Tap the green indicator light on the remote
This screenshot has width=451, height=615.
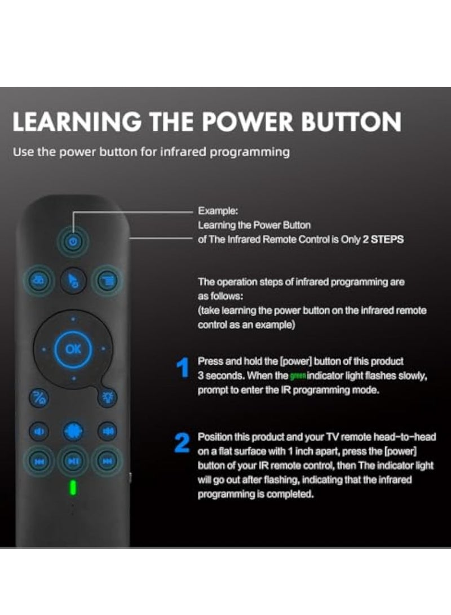(x=72, y=487)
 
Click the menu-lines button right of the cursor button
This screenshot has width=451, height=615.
(x=106, y=280)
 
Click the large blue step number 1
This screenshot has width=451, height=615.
(x=182, y=370)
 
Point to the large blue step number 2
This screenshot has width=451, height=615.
(x=182, y=444)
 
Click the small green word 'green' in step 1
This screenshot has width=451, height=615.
(x=297, y=376)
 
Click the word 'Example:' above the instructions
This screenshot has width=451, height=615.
(x=218, y=211)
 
